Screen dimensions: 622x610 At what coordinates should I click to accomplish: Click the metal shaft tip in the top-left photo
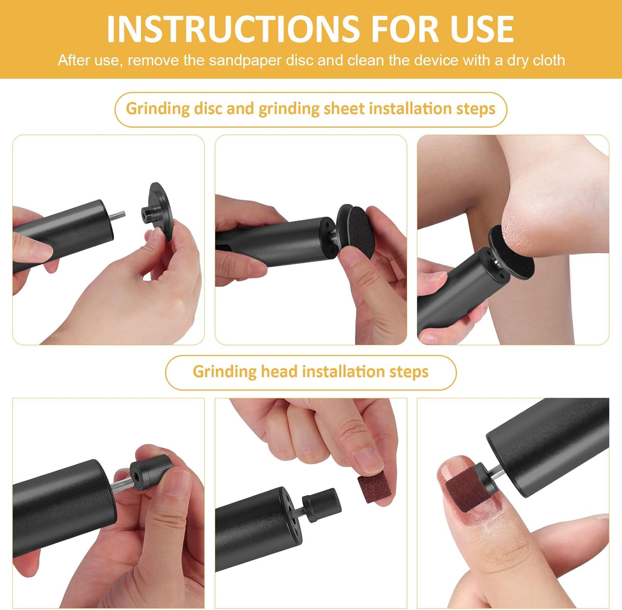119,214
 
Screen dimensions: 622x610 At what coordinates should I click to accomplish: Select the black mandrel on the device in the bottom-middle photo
321,500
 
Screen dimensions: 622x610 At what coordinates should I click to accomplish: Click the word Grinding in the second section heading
224,372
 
